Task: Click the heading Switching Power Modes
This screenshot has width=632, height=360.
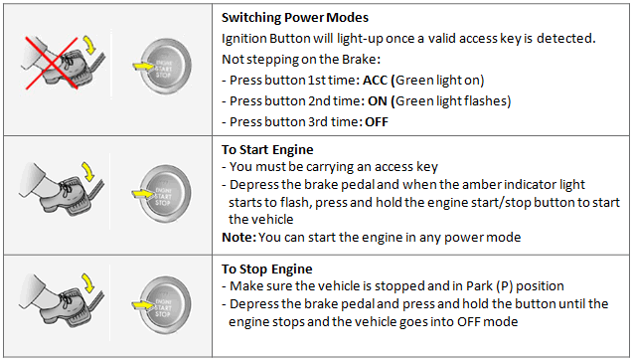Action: [x=295, y=17]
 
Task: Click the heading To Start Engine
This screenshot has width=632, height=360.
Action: [x=267, y=149]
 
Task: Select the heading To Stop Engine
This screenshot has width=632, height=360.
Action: [x=267, y=269]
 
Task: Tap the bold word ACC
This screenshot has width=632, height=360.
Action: [x=375, y=80]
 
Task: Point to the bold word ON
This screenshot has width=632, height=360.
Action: [x=378, y=100]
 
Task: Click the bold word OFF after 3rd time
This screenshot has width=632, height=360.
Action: [x=377, y=122]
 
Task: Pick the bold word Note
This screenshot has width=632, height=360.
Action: [x=238, y=237]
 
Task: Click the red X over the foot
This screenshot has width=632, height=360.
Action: [x=52, y=63]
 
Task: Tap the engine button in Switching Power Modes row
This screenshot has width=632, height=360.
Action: [x=165, y=67]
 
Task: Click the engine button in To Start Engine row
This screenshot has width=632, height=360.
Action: [x=165, y=194]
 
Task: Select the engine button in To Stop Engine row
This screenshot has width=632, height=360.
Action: [x=165, y=305]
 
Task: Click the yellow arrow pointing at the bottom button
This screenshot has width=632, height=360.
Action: [x=143, y=305]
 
